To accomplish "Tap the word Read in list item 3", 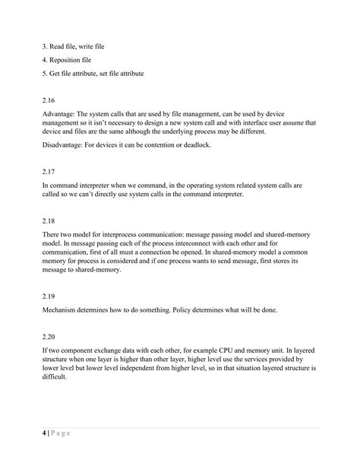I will [60, 46].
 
